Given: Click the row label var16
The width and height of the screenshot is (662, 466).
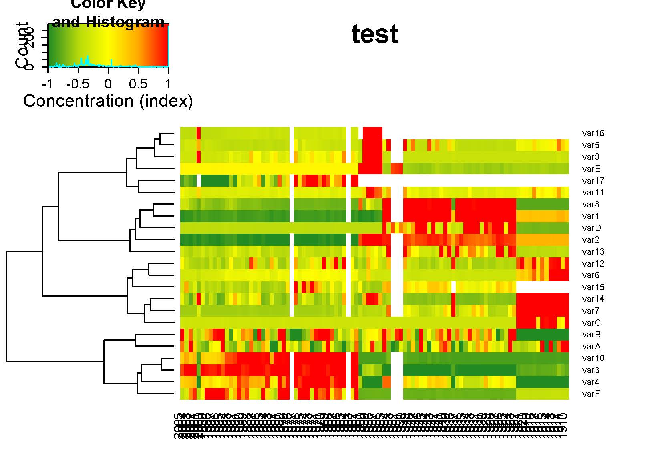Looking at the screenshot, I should pos(593,133).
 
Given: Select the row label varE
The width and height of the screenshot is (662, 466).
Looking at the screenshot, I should pos(591,169).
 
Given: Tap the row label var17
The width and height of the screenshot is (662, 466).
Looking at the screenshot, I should pos(593,181).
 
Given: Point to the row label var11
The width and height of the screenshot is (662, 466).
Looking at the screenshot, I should pos(593,193).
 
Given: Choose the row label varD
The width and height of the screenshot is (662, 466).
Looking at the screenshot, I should pos(591,228).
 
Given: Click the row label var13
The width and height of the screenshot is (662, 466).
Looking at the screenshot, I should pos(593,252).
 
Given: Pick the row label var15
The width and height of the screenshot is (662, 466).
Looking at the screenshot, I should pos(593,287).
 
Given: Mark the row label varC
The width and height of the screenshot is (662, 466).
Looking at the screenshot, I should pos(591,323).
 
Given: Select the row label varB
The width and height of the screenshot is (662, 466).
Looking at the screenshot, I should pos(591,335).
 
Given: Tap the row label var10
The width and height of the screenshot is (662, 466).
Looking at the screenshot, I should pos(593,358).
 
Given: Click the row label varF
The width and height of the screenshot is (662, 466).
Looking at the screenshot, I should pos(591,394).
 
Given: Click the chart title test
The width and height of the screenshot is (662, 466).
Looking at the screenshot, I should pos(375,34).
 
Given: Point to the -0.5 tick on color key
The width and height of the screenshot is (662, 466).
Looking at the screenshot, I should pos(78,84).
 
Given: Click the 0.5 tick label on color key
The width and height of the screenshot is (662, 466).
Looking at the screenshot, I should pos(138,84).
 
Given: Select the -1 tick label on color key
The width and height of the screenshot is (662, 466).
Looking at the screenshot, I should pos(47,84).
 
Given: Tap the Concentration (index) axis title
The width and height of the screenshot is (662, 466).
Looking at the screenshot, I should pos(108,101).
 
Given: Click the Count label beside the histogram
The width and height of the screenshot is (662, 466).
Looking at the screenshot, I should pos(23,46).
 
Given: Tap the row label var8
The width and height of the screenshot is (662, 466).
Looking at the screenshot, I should pos(591,205).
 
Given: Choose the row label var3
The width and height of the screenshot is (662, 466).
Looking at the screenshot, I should pos(591,370).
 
